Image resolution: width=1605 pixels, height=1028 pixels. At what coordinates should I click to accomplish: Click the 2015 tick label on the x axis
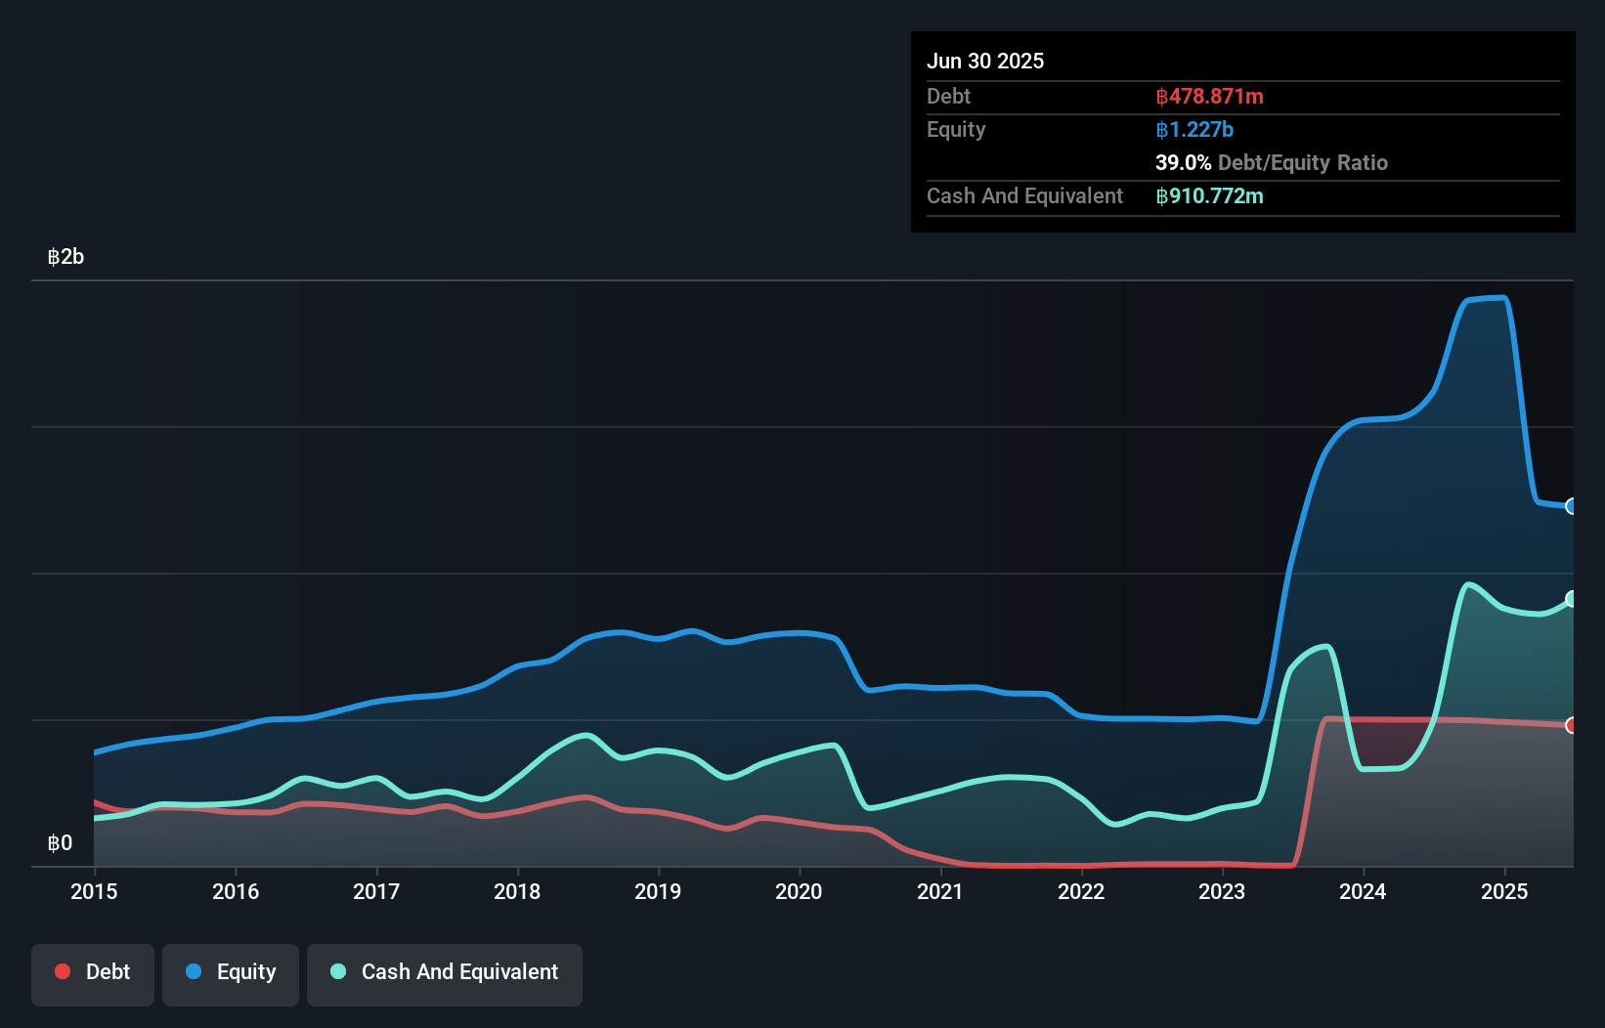94,891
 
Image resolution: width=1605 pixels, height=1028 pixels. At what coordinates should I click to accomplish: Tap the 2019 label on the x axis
658,891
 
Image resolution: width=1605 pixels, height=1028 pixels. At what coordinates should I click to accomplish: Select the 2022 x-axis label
1081,891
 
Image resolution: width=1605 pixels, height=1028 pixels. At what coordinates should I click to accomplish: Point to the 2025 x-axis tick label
1504,891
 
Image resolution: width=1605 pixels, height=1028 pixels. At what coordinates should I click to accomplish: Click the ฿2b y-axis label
65,257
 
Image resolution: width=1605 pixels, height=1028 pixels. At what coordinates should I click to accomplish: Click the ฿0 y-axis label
60,843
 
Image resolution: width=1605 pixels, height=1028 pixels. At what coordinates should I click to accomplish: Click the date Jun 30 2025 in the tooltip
985,61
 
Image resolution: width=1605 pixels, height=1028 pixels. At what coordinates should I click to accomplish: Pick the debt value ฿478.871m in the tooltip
1209,97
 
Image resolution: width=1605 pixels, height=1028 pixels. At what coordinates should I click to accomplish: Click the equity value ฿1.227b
1194,130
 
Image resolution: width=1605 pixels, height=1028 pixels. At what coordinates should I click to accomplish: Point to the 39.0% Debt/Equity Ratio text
1271,163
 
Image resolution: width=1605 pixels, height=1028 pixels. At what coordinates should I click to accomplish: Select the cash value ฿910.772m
1209,196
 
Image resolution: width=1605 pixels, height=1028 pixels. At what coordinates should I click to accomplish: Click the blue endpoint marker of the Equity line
1572,506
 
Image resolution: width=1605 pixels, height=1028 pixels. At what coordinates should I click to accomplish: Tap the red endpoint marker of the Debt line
1572,725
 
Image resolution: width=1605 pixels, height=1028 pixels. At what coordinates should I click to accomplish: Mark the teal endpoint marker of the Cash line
1572,599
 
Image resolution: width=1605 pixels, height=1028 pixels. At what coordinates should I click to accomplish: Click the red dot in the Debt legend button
63,971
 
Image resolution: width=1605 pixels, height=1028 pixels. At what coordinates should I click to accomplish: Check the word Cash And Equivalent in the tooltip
1024,196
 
